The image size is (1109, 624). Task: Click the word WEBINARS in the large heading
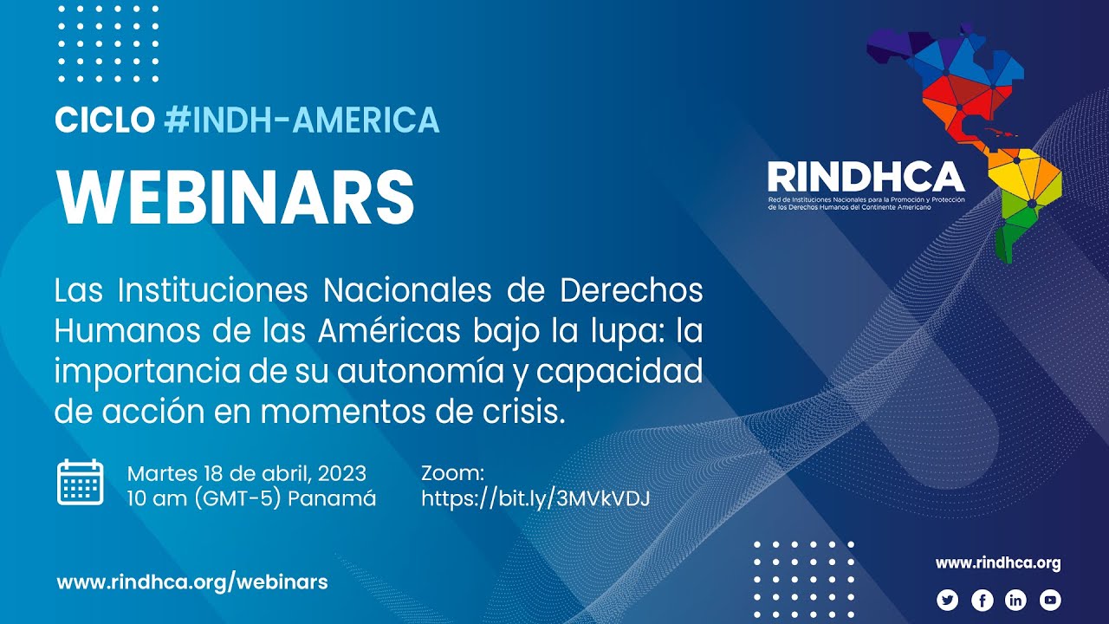click(235, 197)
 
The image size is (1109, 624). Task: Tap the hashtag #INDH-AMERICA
click(301, 120)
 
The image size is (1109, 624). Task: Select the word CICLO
click(105, 120)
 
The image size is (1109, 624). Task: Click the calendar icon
click(81, 484)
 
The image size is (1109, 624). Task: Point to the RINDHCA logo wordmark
click(866, 177)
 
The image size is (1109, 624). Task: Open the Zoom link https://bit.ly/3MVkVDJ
click(535, 498)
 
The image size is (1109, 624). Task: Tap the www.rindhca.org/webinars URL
click(192, 582)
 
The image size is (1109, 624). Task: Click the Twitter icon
click(948, 600)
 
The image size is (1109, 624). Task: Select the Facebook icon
click(982, 600)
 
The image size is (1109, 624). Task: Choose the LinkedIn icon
click(1015, 600)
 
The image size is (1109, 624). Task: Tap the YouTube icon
click(1050, 600)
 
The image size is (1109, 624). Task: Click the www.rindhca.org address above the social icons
click(998, 563)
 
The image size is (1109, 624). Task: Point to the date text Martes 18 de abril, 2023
click(247, 473)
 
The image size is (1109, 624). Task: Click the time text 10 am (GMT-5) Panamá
click(252, 498)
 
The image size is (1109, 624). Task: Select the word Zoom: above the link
click(451, 473)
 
